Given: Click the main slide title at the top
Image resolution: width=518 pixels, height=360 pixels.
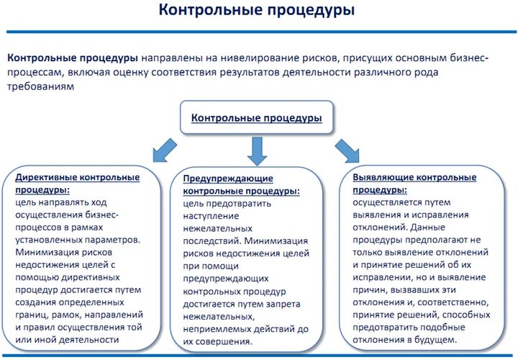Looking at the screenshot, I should click(x=257, y=11).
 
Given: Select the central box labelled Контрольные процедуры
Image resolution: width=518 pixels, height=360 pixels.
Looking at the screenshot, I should click(x=256, y=117).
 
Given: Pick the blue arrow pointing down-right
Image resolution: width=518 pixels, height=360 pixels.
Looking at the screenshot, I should click(x=347, y=150).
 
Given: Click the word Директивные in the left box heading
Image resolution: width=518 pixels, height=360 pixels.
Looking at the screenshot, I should click(x=45, y=177).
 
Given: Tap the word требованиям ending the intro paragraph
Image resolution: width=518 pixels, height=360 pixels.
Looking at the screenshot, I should click(x=41, y=86).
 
